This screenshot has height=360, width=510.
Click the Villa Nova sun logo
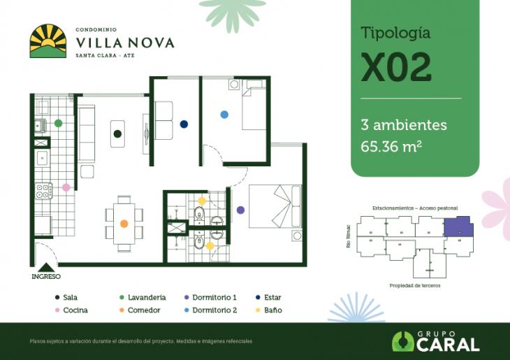(48, 41)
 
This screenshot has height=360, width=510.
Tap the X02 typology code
(396, 68)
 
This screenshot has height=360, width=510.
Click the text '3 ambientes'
(403, 125)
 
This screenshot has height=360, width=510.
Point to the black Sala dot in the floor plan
(117, 133)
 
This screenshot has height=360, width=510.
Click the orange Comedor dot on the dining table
(124, 224)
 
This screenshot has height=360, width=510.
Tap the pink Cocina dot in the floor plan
(66, 187)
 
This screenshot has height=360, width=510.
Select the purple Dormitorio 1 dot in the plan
(240, 210)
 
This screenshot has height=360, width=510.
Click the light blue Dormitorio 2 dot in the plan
(224, 114)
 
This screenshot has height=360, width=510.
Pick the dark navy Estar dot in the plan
(184, 124)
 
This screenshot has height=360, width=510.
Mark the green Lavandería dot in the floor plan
(59, 122)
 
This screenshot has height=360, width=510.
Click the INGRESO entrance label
(46, 276)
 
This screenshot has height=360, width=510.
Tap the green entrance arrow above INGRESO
(46, 266)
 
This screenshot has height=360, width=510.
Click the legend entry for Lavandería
(147, 297)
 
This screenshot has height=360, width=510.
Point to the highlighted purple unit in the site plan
(459, 227)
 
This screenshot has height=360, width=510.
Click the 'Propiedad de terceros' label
(415, 286)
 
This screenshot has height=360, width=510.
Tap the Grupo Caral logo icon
(403, 341)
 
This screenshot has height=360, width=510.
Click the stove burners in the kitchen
(44, 190)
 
